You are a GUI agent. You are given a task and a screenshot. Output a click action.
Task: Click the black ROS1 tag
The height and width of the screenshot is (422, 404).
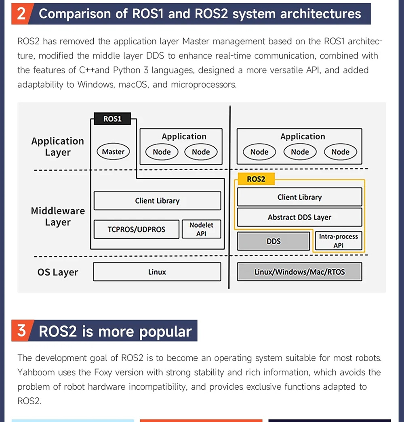coord(112,119)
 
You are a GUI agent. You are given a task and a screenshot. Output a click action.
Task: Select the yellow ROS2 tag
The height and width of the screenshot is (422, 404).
coord(256,179)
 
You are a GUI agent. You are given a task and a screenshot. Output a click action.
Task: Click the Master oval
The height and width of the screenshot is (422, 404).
coord(113,152)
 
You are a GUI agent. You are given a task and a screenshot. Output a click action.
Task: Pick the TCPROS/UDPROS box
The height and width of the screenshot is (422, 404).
coord(137,229)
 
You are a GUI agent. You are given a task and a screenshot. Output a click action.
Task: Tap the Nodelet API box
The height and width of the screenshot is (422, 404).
coord(201,229)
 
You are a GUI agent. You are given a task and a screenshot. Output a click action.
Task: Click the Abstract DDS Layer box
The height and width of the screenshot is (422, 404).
coord(299,217)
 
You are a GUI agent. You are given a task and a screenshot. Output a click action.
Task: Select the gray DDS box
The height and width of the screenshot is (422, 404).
coord(274,241)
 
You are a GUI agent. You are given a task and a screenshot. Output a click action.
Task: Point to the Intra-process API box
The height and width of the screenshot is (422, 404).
coord(339,241)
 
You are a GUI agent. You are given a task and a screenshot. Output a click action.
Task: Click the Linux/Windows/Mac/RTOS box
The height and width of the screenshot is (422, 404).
coord(299,272)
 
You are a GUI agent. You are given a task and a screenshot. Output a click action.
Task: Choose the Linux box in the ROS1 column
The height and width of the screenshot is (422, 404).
coord(157,272)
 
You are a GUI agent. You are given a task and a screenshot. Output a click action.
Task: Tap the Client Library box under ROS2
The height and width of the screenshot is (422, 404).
coord(299,197)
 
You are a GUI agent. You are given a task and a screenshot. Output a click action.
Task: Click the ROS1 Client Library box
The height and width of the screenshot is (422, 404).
coord(157,201)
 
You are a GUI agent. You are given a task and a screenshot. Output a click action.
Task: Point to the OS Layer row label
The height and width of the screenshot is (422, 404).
coord(58,272)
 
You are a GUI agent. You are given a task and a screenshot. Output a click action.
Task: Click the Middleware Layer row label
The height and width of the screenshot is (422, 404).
coord(58,217)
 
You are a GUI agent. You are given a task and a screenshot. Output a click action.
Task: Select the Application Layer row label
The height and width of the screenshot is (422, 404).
coord(58,146)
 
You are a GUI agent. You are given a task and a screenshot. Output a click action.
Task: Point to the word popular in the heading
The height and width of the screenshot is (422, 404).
coord(165,331)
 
